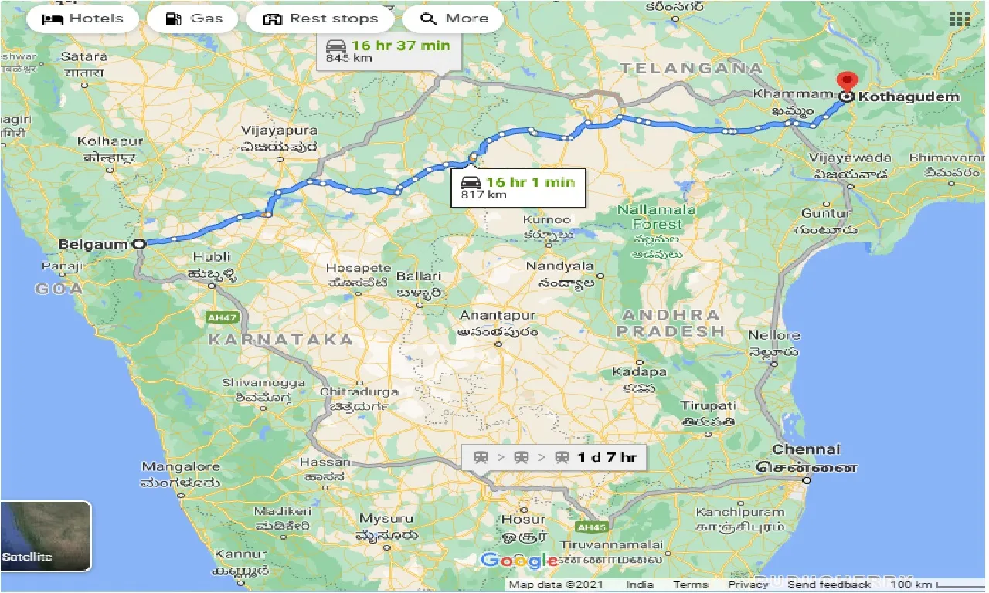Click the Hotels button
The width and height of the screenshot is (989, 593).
[83, 19]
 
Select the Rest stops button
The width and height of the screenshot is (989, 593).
[320, 19]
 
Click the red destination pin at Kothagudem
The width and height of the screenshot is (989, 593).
[848, 82]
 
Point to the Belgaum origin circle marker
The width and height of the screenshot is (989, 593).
[139, 244]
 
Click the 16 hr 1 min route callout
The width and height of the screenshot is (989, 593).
[518, 188]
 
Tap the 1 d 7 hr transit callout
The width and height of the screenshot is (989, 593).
[555, 457]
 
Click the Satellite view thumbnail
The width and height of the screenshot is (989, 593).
[46, 536]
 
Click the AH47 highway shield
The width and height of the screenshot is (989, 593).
[222, 317]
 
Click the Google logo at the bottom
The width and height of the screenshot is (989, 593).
[519, 560]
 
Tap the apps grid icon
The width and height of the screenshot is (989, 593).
[960, 19]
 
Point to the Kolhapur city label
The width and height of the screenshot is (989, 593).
[110, 141]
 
